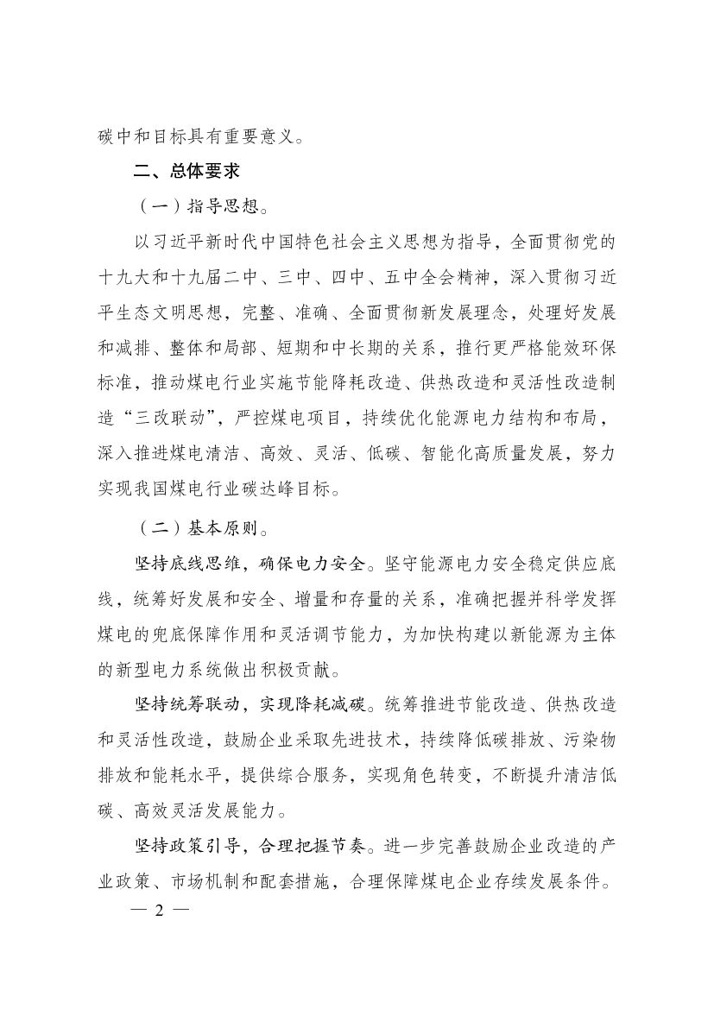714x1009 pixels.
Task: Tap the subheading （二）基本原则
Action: click(x=184, y=524)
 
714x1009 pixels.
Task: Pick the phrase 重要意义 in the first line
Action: click(x=257, y=136)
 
